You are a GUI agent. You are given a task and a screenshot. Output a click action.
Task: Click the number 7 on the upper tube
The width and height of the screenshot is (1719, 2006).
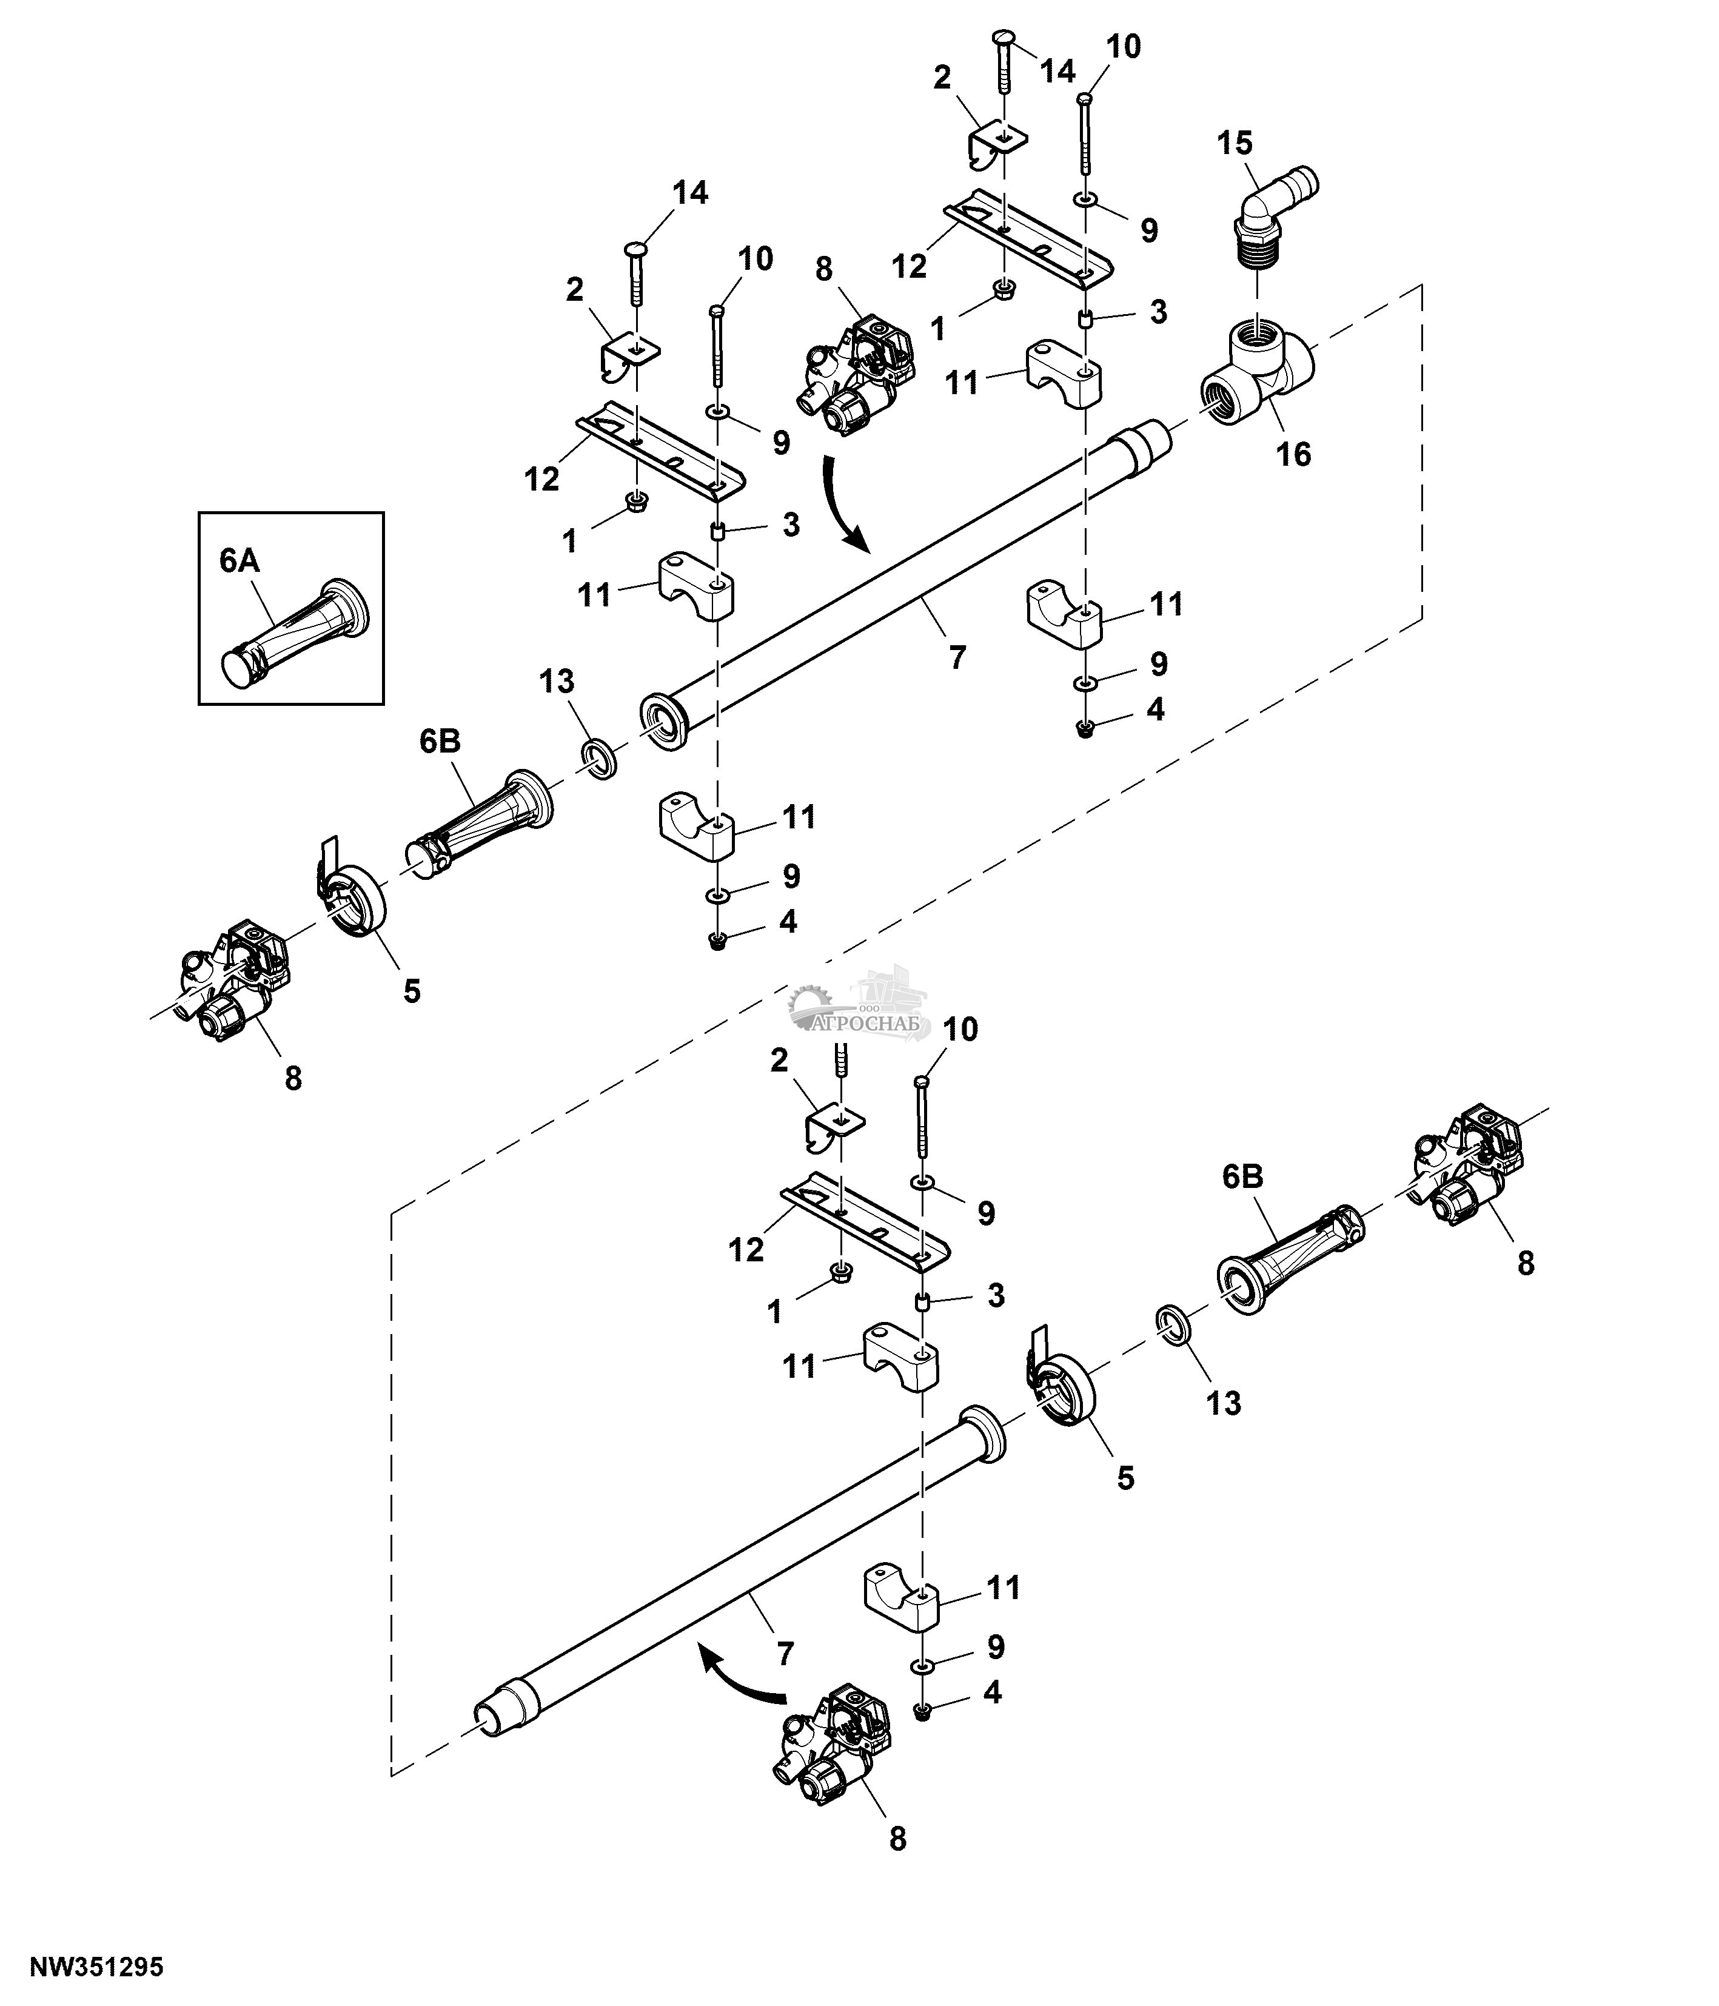click(957, 657)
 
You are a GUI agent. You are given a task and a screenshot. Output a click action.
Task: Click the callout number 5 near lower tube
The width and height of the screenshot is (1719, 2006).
click(1125, 1478)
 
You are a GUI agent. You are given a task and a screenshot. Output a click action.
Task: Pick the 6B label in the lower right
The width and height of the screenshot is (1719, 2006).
click(1243, 1176)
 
